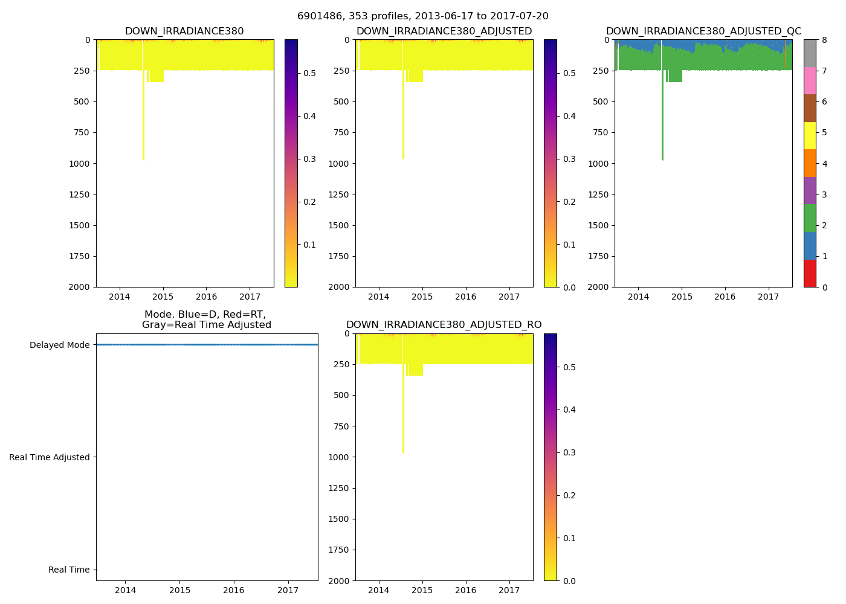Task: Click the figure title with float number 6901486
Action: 423,16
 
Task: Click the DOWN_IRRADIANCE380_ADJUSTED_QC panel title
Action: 703,31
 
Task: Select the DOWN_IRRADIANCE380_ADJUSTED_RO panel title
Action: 444,325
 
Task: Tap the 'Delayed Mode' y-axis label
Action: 59,345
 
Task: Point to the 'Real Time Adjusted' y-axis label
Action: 49,457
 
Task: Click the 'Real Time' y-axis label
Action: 69,570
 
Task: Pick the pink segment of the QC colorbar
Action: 810,80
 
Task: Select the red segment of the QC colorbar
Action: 810,273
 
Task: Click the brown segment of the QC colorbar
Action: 810,108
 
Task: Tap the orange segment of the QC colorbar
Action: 810,163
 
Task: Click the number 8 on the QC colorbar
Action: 824,40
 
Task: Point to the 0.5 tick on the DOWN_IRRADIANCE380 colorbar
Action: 309,73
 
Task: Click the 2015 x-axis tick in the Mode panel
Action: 179,590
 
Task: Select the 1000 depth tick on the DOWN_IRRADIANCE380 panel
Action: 80,164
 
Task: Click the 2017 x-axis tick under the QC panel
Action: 769,297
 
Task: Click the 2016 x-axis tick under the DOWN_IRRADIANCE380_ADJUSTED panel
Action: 465,297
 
